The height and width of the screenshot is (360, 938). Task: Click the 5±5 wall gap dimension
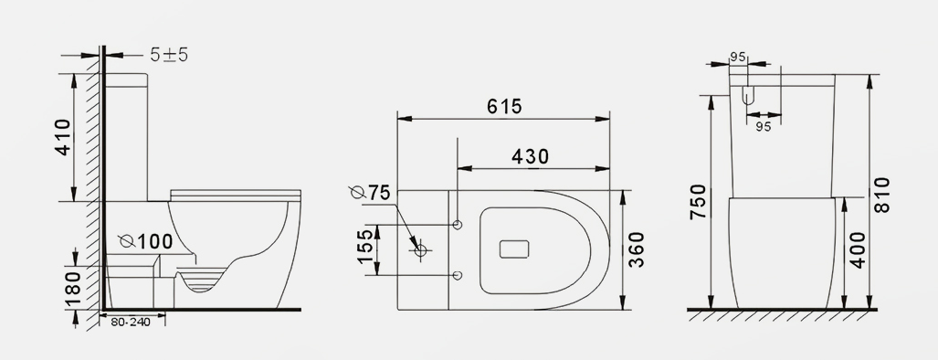click(x=169, y=55)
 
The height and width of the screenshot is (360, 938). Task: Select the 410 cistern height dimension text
click(x=63, y=137)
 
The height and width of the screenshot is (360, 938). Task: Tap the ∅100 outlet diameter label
click(x=146, y=241)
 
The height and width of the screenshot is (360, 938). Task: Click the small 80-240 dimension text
click(x=131, y=322)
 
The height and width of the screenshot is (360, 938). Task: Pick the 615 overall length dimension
click(x=503, y=107)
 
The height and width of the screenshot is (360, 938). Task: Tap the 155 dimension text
click(x=364, y=249)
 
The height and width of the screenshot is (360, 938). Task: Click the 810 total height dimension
click(x=882, y=195)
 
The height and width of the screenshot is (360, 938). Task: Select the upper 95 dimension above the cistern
click(x=739, y=58)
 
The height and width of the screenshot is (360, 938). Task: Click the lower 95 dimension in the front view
click(x=763, y=127)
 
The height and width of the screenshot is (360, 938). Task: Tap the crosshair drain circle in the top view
click(x=421, y=249)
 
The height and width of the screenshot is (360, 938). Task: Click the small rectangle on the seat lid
click(x=517, y=249)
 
